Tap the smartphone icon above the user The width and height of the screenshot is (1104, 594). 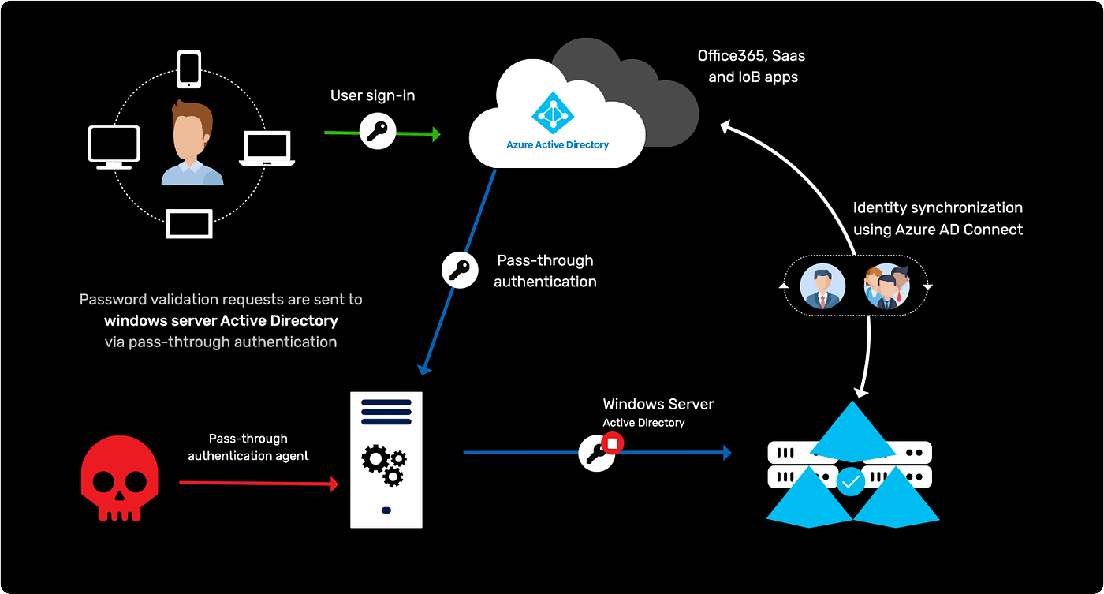(x=189, y=69)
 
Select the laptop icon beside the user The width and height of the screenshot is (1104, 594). (x=267, y=148)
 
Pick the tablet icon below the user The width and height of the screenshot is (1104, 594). (x=189, y=223)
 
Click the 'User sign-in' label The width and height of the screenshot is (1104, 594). (x=372, y=95)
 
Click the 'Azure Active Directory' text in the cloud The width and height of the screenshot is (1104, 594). (x=558, y=145)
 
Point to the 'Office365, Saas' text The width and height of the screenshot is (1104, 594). (x=751, y=56)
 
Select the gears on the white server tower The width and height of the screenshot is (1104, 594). (x=384, y=464)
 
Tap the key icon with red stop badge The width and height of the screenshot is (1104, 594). (x=598, y=453)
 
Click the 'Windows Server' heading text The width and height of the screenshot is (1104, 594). (x=658, y=404)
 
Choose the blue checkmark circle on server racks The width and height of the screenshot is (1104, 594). (x=850, y=480)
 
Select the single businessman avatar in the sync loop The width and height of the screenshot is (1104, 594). (x=822, y=286)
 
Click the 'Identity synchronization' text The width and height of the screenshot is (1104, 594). (x=938, y=207)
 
